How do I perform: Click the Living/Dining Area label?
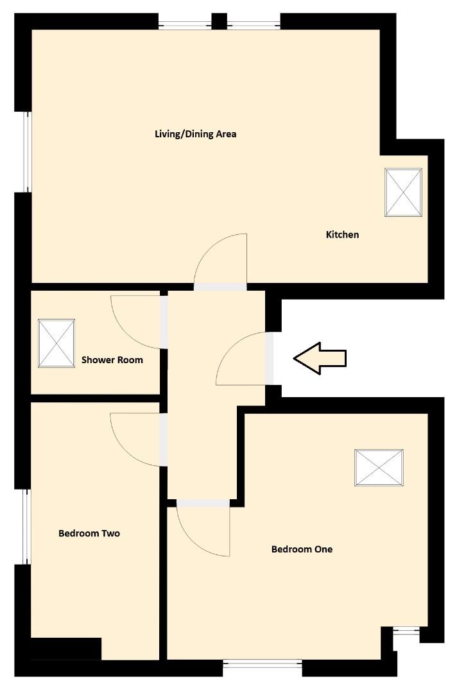pos(196,134)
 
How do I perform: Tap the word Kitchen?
pos(342,235)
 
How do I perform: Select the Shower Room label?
pos(112,360)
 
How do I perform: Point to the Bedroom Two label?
pos(89,533)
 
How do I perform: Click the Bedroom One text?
pos(302,549)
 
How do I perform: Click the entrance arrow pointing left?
pos(320,358)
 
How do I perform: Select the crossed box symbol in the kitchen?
pos(403,193)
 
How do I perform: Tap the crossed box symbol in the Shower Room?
pos(56,343)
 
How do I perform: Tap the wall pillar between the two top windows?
pos(219,21)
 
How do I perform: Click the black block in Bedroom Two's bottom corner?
pos(66,648)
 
